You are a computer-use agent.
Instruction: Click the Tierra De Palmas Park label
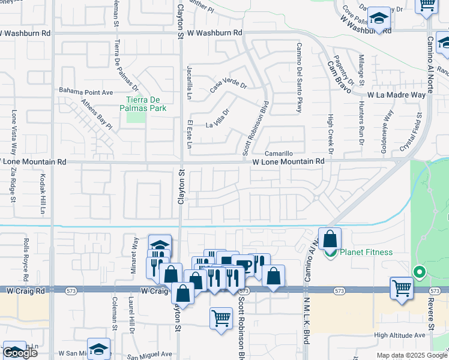pos(146,104)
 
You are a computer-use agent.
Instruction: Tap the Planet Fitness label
pos(366,252)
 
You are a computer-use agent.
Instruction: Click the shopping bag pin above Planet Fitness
pos(330,239)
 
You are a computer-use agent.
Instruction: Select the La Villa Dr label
pos(218,118)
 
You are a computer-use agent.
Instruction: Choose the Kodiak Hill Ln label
pos(43,194)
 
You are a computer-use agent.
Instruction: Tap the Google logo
pos(20,353)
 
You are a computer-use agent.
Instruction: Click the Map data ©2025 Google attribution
pos(411,355)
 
